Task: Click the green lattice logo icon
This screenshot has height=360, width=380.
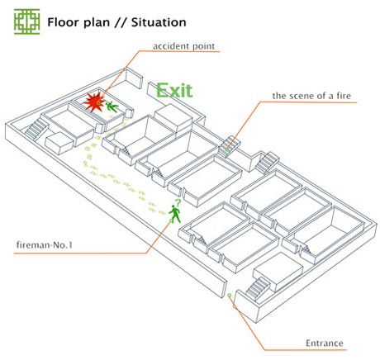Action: [x=26, y=21]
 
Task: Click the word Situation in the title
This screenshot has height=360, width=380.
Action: [x=159, y=22]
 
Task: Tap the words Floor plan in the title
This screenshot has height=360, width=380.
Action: [x=78, y=22]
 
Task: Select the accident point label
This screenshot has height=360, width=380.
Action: [x=183, y=46]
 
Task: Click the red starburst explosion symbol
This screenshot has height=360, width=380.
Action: [x=94, y=102]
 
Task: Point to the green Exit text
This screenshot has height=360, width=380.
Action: [x=174, y=90]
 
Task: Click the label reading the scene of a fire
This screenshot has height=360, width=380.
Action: [x=311, y=96]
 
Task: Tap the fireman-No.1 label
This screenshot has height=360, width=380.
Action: [x=45, y=244]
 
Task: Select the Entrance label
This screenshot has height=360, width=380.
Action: [x=325, y=343]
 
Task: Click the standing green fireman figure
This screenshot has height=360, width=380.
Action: [x=175, y=214]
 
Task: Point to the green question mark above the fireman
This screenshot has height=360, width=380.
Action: [x=178, y=203]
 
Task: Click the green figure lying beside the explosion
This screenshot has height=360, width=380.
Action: [x=112, y=107]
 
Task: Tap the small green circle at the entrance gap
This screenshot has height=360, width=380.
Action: [x=230, y=295]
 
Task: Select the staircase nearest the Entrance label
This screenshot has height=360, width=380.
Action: [x=258, y=288]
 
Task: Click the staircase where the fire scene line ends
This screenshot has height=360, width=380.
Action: [x=230, y=146]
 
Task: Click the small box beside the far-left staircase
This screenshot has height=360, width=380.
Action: [x=59, y=143]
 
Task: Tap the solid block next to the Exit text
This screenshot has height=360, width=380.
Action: [x=173, y=119]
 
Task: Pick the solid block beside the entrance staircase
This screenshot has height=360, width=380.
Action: [x=278, y=272]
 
